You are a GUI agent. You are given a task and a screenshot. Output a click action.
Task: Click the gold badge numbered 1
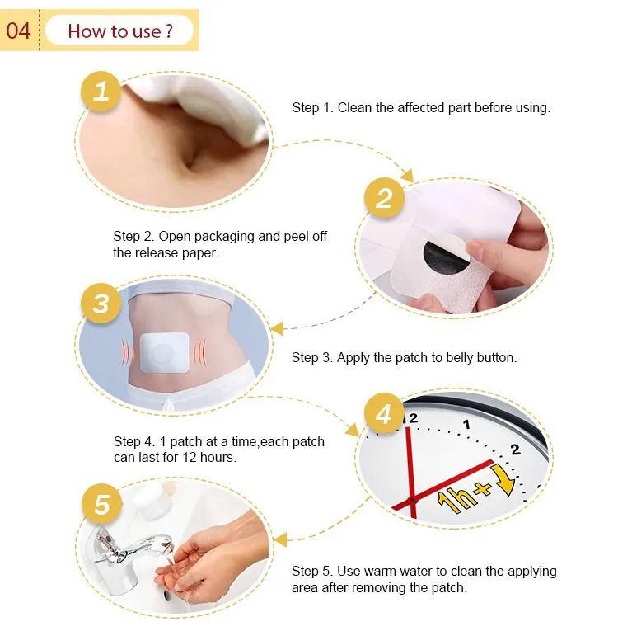point(101,90)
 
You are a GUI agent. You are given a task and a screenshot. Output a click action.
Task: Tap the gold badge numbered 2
point(385,199)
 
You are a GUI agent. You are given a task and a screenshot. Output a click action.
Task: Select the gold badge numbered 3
point(101,303)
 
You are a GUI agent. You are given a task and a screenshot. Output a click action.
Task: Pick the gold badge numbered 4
point(384,414)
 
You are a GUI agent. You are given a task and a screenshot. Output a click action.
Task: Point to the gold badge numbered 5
point(101,504)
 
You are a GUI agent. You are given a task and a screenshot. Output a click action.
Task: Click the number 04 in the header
point(18,31)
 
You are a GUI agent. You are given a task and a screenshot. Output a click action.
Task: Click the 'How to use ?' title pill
point(120,31)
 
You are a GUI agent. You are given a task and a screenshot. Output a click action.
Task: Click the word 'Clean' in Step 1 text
point(355,108)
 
